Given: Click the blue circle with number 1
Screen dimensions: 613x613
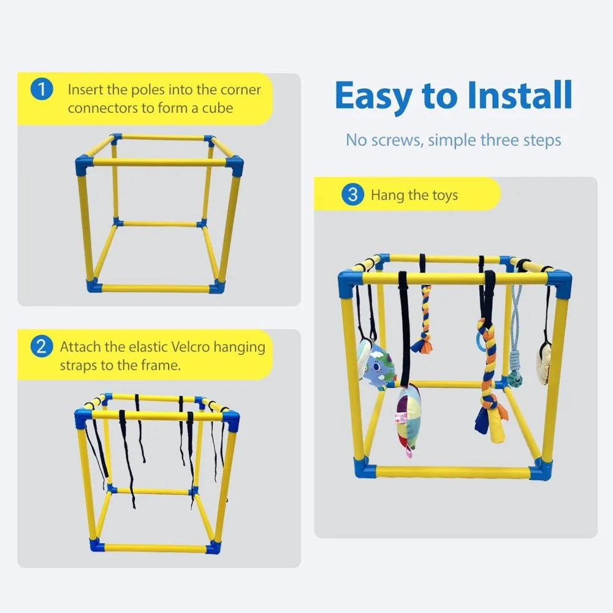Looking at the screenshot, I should pyautogui.click(x=41, y=89).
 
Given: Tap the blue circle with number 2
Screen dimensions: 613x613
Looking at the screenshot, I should pyautogui.click(x=41, y=346).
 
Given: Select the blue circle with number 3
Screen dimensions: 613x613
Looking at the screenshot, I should pyautogui.click(x=352, y=195).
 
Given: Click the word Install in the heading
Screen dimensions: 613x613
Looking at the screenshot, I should pyautogui.click(x=519, y=97).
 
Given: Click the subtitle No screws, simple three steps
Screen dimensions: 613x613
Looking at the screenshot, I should pyautogui.click(x=453, y=140).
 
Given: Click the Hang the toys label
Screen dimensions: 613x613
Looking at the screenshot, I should pyautogui.click(x=414, y=196).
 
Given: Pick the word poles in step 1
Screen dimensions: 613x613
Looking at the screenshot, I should pyautogui.click(x=143, y=89).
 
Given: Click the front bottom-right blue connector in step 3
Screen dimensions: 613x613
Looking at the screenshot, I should pyautogui.click(x=540, y=469).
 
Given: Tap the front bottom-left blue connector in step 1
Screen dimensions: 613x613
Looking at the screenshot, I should pyautogui.click(x=93, y=286).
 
